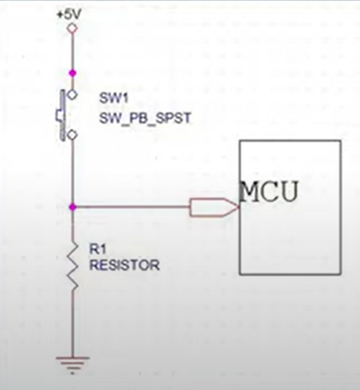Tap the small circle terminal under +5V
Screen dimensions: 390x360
pyautogui.click(x=72, y=28)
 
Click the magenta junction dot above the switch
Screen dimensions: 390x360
pyautogui.click(x=72, y=73)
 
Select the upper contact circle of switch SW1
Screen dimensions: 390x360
pyautogui.click(x=72, y=94)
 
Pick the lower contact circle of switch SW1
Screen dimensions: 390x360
pyautogui.click(x=72, y=135)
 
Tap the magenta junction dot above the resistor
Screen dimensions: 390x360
pyautogui.click(x=72, y=206)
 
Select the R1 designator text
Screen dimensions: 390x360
pyautogui.click(x=97, y=249)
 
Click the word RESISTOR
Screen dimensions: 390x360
pyautogui.click(x=124, y=265)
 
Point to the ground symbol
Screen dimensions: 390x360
pyautogui.click(x=72, y=365)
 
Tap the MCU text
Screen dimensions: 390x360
pyautogui.click(x=269, y=191)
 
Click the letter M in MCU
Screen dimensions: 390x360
pyautogui.click(x=251, y=191)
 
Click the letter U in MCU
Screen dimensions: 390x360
pyautogui.click(x=288, y=191)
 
